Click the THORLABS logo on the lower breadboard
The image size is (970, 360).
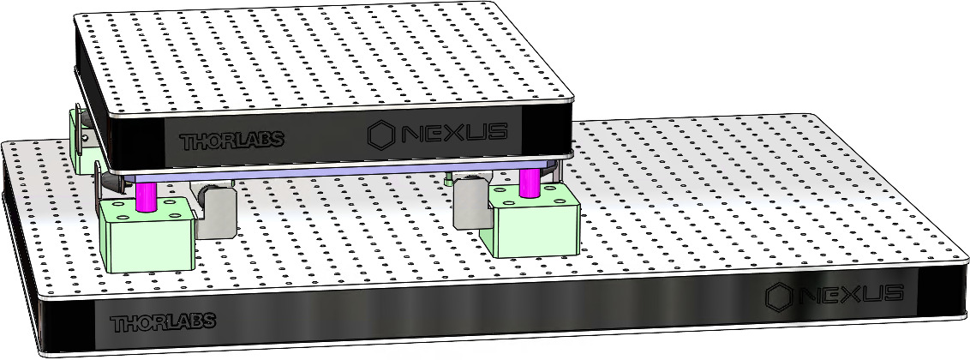point(163,323)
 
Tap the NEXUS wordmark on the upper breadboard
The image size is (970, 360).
point(454,133)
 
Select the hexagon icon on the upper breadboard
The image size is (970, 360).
point(382,135)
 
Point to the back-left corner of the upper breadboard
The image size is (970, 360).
point(77,15)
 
